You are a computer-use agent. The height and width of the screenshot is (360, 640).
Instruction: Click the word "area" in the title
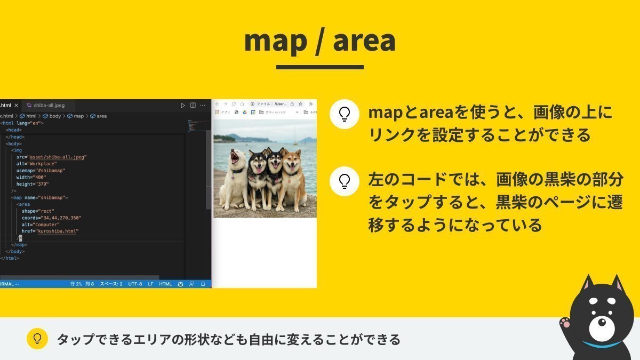click(x=364, y=42)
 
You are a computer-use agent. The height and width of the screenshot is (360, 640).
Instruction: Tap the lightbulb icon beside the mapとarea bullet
click(x=344, y=114)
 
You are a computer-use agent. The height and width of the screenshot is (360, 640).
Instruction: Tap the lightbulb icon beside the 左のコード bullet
click(x=344, y=181)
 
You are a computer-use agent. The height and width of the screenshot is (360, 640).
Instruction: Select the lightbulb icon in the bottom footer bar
click(x=37, y=339)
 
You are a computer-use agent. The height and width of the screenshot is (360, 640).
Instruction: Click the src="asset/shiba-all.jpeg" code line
click(x=51, y=157)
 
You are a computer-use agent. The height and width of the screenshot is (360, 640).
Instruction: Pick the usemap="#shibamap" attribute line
click(x=41, y=170)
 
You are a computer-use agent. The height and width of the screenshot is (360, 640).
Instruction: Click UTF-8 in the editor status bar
click(x=135, y=284)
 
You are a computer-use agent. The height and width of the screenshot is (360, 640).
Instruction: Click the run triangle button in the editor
click(x=183, y=106)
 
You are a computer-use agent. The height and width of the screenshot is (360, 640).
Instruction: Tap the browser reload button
click(x=234, y=104)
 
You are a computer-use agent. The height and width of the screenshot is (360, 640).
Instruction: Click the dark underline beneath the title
click(x=320, y=67)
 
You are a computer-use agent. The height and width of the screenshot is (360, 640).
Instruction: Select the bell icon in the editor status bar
click(x=203, y=284)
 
